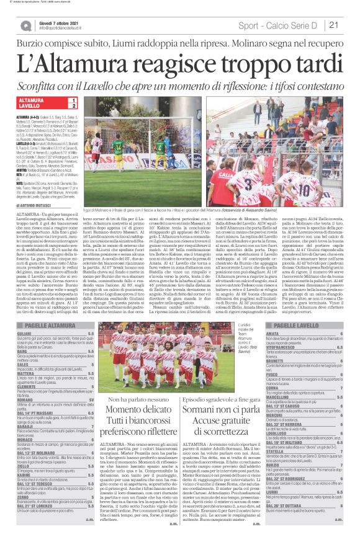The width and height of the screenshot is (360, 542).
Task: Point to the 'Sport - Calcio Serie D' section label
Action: (x=286, y=25)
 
